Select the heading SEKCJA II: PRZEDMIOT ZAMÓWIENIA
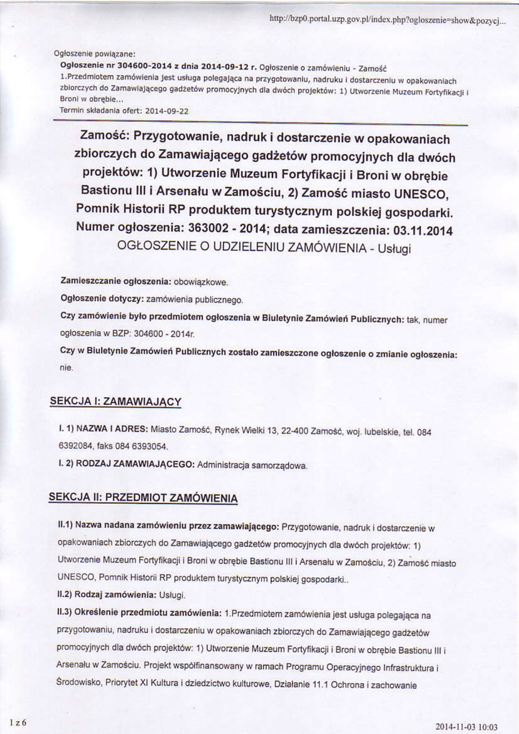point(143,497)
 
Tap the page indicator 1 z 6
point(18,723)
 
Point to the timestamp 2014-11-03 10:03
point(465,725)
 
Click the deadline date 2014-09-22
point(166,111)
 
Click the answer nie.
point(66,368)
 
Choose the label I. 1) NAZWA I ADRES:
point(103,428)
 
